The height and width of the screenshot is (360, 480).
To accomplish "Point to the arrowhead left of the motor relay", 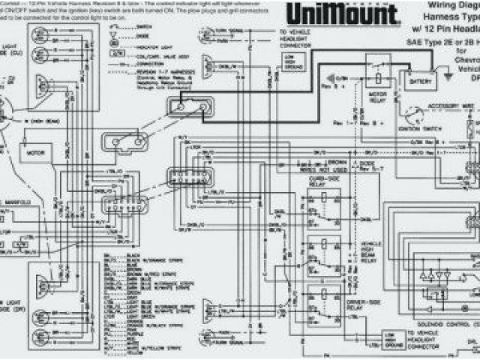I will [328, 78].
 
